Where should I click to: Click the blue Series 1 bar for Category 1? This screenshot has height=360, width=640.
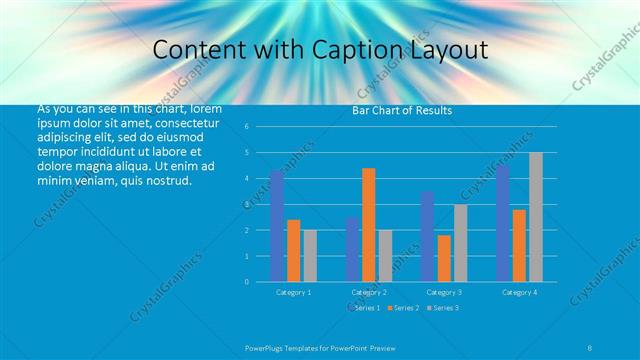277,226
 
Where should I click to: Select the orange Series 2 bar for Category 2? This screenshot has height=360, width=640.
369,225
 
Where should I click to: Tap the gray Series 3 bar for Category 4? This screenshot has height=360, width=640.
536,217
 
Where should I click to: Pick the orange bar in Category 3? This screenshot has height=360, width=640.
444,258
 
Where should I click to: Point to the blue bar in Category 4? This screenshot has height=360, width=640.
502,223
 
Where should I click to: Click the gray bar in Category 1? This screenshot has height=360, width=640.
310,256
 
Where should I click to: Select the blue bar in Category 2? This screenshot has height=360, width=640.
352,249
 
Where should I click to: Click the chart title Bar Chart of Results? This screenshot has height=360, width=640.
402,111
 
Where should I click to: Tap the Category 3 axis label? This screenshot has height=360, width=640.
444,292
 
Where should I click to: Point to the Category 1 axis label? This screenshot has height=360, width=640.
294,292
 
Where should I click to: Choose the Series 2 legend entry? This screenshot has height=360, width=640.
404,307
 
